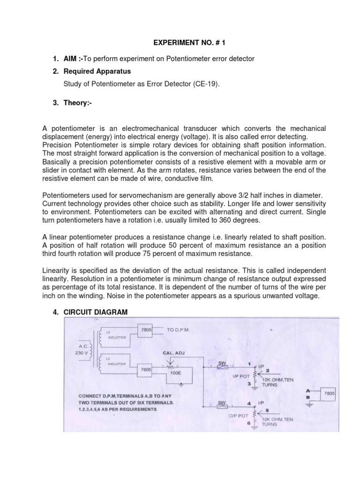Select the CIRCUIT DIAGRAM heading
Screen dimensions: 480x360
[96, 312]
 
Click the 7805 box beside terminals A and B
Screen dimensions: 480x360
[330, 394]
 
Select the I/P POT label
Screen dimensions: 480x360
[240, 376]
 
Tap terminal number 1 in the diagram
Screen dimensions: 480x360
[248, 364]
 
